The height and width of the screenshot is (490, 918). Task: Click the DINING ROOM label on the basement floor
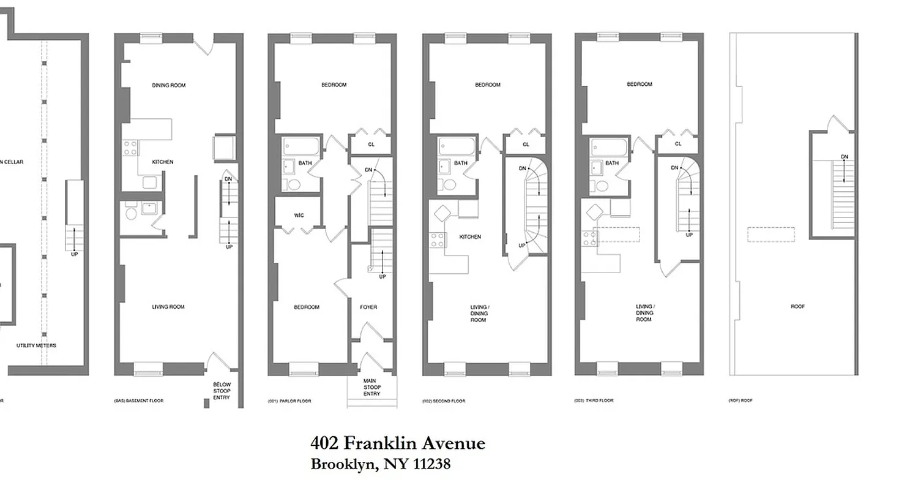[x=168, y=85]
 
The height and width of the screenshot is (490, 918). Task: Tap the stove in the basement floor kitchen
[x=130, y=148]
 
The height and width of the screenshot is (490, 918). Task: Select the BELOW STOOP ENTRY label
[x=222, y=391]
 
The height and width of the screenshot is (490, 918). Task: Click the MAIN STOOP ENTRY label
[x=371, y=387]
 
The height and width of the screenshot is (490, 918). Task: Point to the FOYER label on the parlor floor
[x=368, y=307]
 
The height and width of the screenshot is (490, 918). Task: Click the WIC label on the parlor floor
[x=299, y=216]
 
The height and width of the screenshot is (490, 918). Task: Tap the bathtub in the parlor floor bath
[x=301, y=146]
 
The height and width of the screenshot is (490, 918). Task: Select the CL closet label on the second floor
[x=526, y=145]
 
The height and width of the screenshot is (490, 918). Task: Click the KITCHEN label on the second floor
[x=470, y=236]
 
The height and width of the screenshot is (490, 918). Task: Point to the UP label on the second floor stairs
[x=522, y=246]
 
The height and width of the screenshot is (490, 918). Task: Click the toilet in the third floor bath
[x=602, y=186]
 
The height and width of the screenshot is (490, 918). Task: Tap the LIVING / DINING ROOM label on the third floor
[x=644, y=313]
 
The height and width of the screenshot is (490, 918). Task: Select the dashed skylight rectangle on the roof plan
[x=771, y=235]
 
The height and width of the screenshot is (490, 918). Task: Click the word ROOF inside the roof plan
[x=797, y=306]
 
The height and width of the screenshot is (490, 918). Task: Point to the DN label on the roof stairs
[x=845, y=157]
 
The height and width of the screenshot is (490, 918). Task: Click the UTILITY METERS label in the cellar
[x=36, y=345]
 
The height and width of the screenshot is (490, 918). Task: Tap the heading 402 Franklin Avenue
[x=398, y=443]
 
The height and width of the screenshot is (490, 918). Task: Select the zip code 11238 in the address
[x=431, y=464]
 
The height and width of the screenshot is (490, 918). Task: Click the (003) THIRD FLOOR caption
[x=594, y=401]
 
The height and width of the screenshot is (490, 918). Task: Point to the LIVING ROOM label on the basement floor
[x=168, y=307]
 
